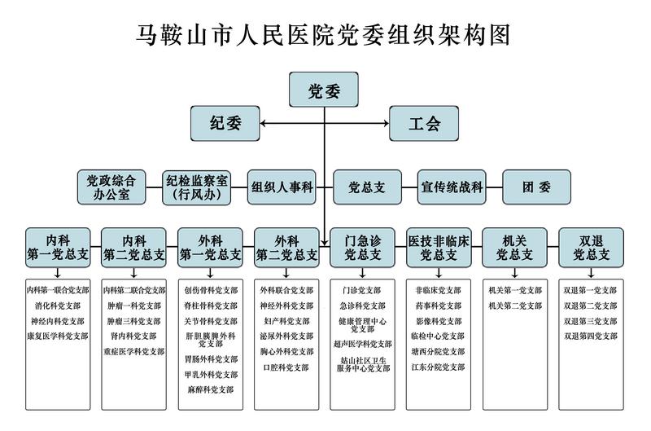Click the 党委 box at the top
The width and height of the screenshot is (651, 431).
tap(324, 90)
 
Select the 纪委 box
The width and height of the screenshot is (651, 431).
tap(225, 124)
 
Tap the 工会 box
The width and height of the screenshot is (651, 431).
tap(424, 124)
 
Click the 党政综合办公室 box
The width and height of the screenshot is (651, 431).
tap(111, 187)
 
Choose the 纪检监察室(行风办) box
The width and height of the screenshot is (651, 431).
tap(197, 187)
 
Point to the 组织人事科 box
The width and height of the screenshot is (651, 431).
tap(282, 187)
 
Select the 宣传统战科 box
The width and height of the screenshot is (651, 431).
tap(452, 187)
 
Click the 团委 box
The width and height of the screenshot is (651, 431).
tap(536, 187)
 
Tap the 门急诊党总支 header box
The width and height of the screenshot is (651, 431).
tap(362, 248)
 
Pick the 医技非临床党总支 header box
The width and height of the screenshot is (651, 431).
tap(439, 248)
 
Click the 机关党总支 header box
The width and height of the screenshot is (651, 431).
tap(515, 248)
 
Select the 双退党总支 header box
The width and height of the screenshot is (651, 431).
tap(592, 248)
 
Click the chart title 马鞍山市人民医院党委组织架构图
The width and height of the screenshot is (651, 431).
tap(325, 35)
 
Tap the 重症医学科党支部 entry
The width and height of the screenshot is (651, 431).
tap(133, 351)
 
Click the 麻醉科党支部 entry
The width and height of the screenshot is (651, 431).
tap(210, 389)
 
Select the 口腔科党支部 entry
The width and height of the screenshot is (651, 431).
tap(286, 367)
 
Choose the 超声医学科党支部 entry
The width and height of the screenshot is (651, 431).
tap(362, 344)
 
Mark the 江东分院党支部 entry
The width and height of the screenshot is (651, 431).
tap(439, 367)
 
